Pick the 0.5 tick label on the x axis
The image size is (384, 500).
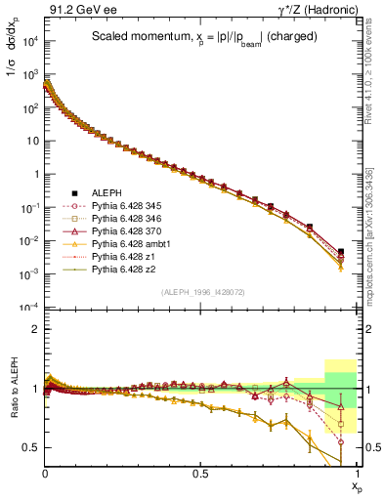coord(200,473)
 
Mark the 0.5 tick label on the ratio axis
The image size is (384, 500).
coord(30,447)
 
